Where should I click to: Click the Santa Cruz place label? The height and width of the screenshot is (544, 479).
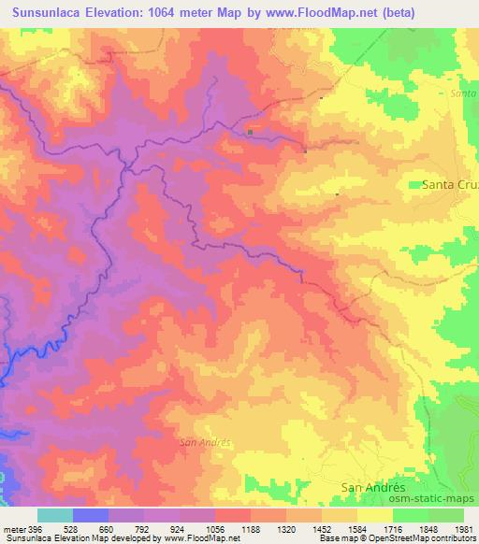click(x=450, y=185)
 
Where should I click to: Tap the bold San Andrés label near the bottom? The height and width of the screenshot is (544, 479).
click(x=373, y=487)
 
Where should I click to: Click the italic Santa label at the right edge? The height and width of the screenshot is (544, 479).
click(x=463, y=94)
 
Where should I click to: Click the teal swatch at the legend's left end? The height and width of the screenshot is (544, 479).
click(x=54, y=515)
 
